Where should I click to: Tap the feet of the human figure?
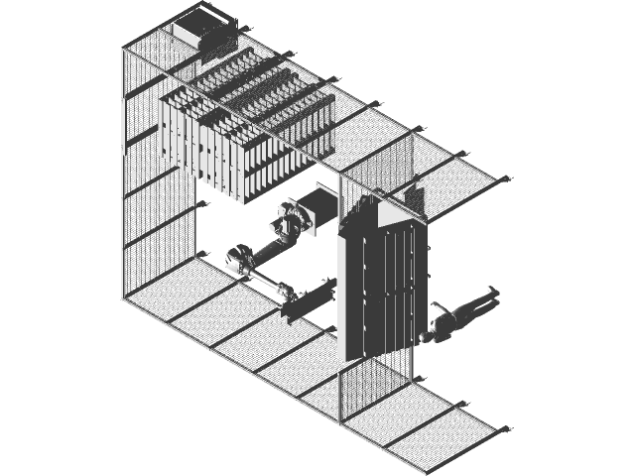tap(489, 292)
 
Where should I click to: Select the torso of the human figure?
tap(455, 316)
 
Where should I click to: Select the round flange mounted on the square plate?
tap(289, 220)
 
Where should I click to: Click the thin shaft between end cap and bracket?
tap(265, 284)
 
